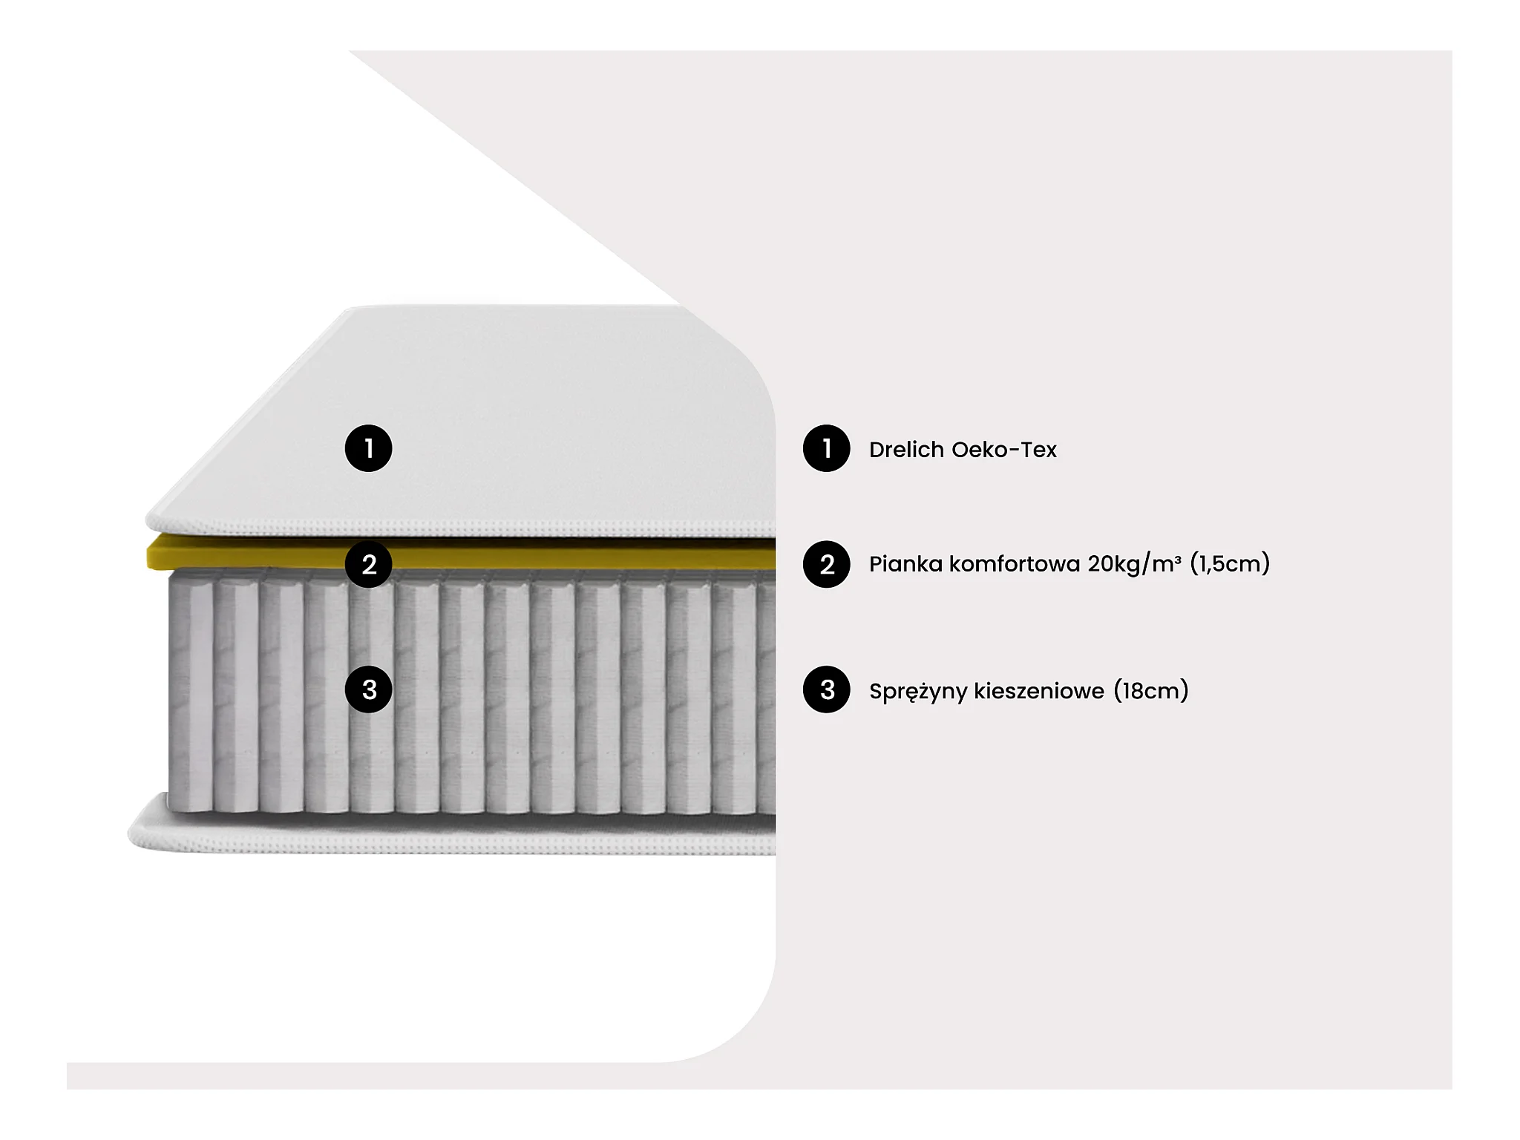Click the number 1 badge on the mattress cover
tap(369, 448)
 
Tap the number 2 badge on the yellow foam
tap(369, 564)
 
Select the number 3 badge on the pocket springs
tap(369, 689)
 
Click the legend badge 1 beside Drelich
tap(827, 448)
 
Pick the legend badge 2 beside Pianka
tap(827, 564)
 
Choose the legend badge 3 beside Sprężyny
tap(827, 689)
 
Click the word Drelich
tap(907, 450)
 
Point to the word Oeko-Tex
tap(1004, 450)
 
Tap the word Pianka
tap(905, 564)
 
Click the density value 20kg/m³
tap(1135, 565)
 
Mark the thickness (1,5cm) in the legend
tap(1230, 564)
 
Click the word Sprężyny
tap(918, 692)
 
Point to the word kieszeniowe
tap(1039, 691)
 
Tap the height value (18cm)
tap(1151, 691)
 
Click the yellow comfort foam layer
tap(461, 554)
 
